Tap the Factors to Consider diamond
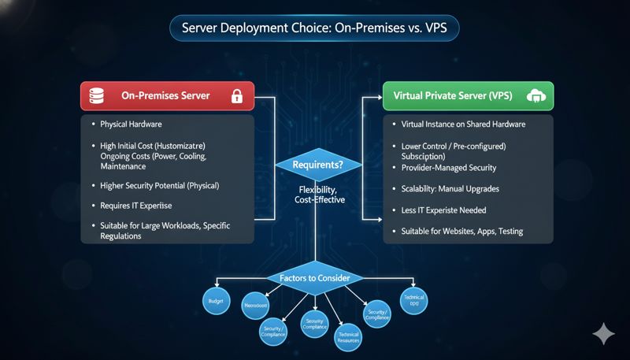(315, 277)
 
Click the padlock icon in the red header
(236, 96)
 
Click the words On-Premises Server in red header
(165, 96)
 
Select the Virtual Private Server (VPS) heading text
(456, 96)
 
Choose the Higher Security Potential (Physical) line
(160, 186)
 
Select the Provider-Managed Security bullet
(449, 168)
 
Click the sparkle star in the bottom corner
(603, 334)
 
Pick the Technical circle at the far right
(413, 301)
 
